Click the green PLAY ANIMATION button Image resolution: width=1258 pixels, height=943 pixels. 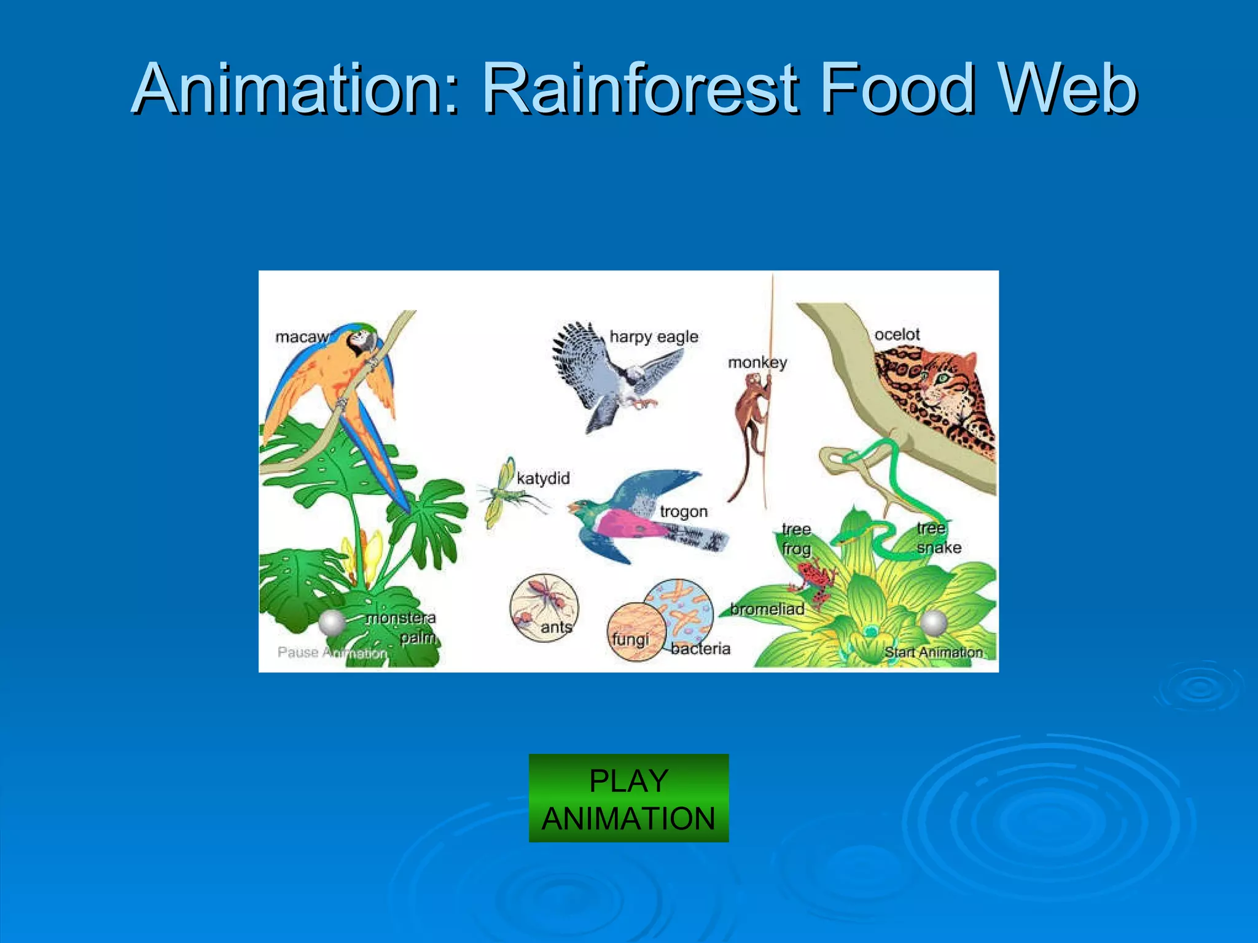[628, 798]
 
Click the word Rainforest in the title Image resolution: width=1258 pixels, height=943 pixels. [641, 90]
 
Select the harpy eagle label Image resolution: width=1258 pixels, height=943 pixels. [654, 337]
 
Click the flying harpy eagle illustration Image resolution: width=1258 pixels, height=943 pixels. [608, 378]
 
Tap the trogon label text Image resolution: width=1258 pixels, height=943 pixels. [684, 511]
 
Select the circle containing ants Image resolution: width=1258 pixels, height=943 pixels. [544, 608]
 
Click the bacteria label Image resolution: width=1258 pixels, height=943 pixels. [700, 649]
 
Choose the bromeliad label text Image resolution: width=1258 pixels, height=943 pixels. [767, 609]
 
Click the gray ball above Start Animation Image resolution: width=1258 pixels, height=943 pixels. [933, 624]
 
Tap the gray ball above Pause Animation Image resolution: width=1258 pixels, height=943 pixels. [332, 624]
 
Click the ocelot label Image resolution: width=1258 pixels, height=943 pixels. [897, 335]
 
